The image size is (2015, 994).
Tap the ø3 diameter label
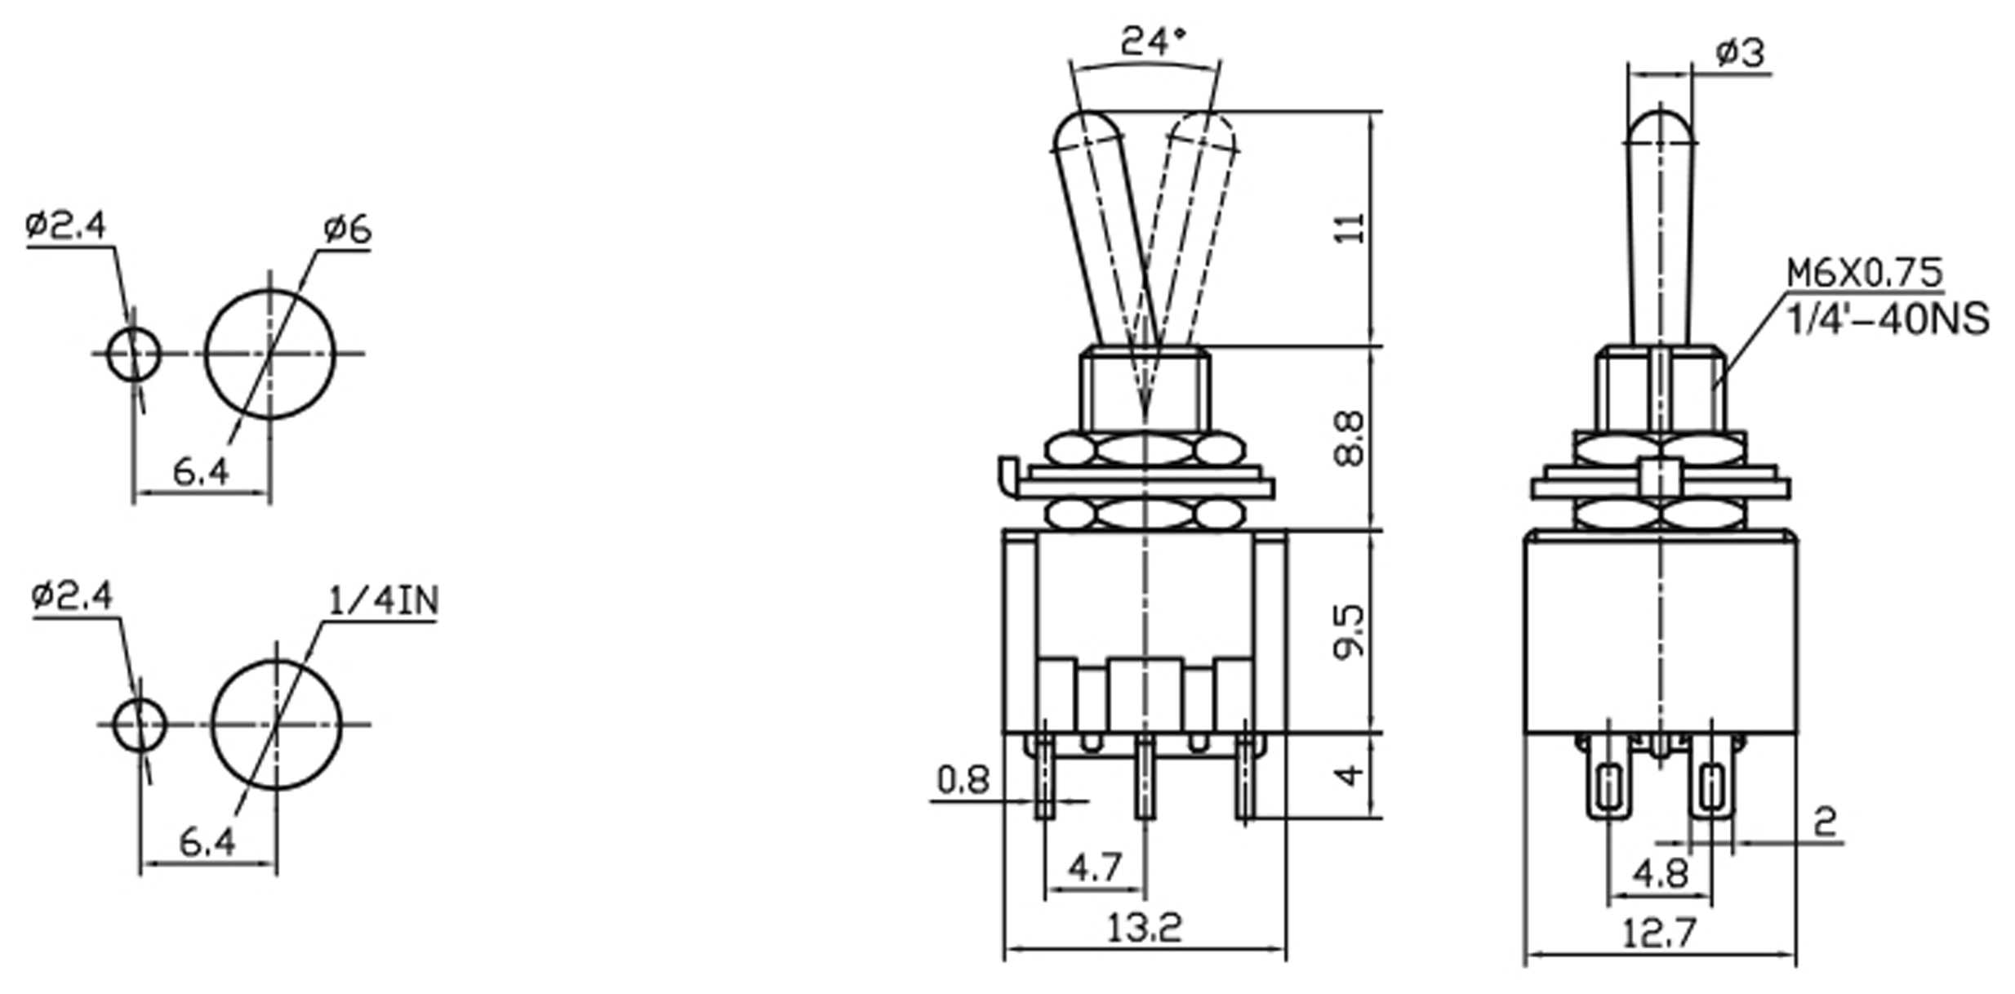(x=1739, y=53)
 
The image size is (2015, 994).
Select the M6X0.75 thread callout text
(x=1864, y=272)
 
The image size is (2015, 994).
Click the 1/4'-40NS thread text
(x=1888, y=319)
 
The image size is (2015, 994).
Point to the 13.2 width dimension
(x=1144, y=927)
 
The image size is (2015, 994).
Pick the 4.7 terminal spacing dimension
(x=1094, y=867)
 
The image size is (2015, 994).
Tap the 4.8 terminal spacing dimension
(x=1660, y=874)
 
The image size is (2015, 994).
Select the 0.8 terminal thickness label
(x=963, y=780)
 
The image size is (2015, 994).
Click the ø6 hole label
(x=347, y=230)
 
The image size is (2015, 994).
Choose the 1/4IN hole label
(x=383, y=601)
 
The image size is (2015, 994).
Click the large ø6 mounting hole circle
(x=269, y=354)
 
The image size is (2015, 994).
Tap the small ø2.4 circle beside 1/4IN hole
(x=140, y=724)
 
